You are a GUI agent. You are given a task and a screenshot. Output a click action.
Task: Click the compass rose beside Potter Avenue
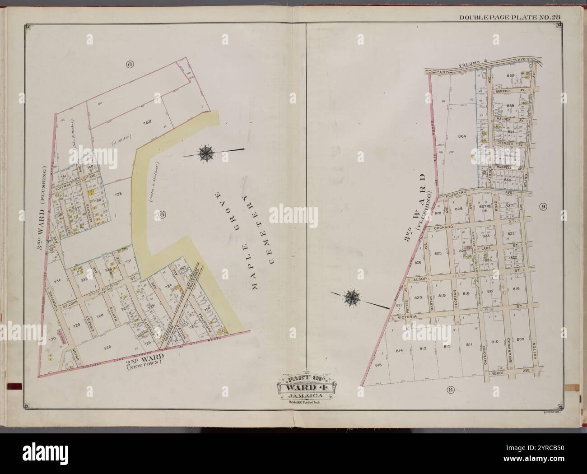[352, 297]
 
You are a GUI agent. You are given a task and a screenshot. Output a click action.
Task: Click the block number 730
[52, 339]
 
